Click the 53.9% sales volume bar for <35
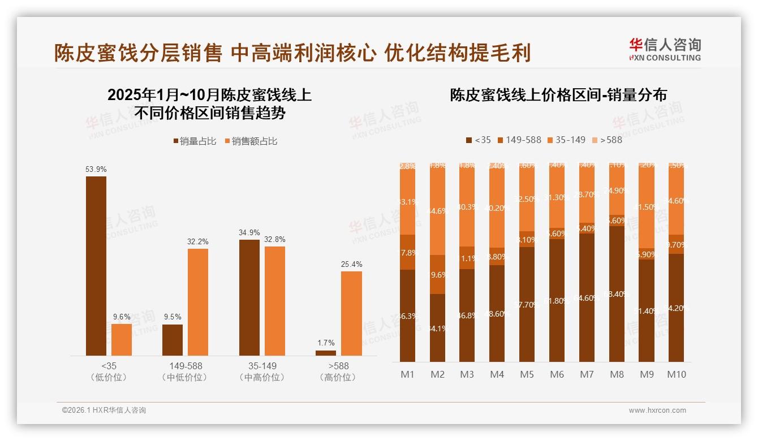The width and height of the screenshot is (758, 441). click(x=96, y=266)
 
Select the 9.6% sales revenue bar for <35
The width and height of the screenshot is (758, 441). click(x=122, y=340)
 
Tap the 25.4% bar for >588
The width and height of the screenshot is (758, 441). click(x=351, y=313)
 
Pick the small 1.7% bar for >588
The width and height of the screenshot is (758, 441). click(x=326, y=353)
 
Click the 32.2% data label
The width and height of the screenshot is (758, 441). click(x=198, y=241)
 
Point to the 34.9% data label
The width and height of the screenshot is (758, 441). click(x=249, y=232)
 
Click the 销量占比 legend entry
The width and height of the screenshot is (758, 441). click(x=195, y=141)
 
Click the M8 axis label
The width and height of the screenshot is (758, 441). click(x=617, y=374)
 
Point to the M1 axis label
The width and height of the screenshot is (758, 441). click(x=407, y=374)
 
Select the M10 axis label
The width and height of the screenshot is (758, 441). click(x=676, y=374)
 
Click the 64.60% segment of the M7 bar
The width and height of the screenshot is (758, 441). click(x=587, y=297)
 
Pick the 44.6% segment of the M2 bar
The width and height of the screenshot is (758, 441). click(x=437, y=211)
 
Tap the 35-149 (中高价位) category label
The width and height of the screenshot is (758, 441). click(x=262, y=371)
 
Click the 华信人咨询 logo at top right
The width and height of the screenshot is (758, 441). click(x=665, y=49)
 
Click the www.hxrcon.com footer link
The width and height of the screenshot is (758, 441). click(x=657, y=410)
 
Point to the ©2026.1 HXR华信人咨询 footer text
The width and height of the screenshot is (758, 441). click(x=104, y=410)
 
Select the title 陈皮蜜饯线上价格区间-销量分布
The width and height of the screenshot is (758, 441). click(x=558, y=95)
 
